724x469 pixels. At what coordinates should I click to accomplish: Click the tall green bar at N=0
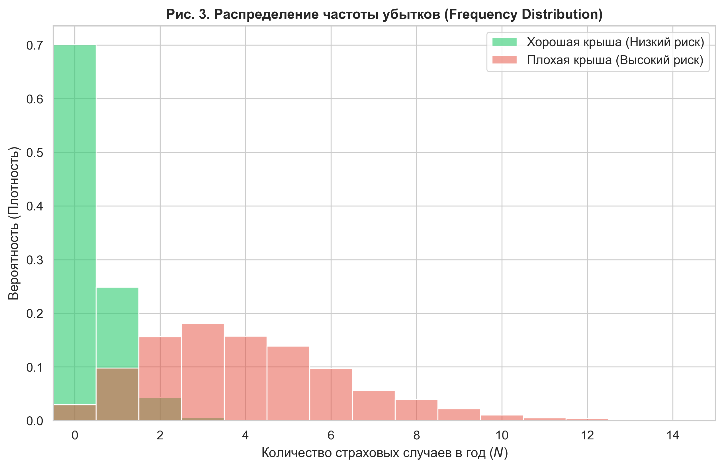(x=75, y=213)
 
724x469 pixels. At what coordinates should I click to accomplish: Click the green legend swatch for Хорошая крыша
(x=504, y=42)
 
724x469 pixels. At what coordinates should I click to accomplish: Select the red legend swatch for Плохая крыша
(x=504, y=60)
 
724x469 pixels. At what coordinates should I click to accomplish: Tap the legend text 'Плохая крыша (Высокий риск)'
(x=615, y=60)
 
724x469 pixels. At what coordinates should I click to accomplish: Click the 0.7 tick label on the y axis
(x=34, y=46)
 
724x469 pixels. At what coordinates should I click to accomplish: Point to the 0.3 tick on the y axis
(x=34, y=260)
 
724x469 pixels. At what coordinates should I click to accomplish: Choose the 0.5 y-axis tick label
(x=34, y=153)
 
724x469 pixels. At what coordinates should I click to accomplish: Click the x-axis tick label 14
(x=672, y=436)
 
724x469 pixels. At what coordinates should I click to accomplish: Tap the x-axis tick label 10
(x=502, y=436)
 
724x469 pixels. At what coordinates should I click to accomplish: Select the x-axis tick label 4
(x=245, y=436)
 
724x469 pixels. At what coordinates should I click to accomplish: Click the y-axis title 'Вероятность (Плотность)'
(x=14, y=223)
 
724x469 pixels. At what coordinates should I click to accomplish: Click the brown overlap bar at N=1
(x=117, y=394)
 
